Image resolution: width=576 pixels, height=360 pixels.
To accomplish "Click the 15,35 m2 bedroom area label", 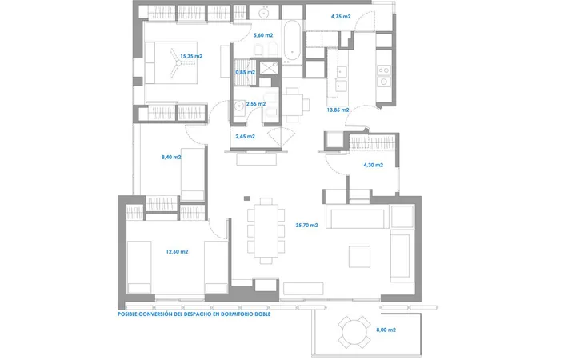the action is (191, 56).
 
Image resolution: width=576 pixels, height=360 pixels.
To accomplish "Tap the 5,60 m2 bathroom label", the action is (263, 35).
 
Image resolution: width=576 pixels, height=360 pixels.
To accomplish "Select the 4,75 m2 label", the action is (341, 16).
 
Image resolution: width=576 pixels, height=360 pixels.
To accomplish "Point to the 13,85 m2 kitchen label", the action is (338, 110).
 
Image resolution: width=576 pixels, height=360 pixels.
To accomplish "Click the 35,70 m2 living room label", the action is (306, 225).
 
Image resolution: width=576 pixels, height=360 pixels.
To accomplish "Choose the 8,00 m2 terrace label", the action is (386, 330).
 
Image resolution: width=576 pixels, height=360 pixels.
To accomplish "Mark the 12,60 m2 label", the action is (177, 252).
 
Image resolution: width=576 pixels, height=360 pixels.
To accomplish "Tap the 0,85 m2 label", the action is (245, 72).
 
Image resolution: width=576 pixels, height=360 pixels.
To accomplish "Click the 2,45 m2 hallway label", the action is (245, 136).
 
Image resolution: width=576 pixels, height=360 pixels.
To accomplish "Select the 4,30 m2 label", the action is (374, 165).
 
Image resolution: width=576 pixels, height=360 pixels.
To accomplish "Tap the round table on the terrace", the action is (354, 332).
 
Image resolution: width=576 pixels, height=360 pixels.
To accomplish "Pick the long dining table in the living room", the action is (266, 230).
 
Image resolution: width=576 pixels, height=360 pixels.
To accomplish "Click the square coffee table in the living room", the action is (359, 257).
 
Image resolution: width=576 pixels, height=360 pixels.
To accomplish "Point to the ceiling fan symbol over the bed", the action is (178, 63).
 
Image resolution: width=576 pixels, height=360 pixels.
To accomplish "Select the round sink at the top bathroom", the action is (264, 14).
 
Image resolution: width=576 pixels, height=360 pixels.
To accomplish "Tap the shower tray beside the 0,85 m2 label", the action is (269, 67).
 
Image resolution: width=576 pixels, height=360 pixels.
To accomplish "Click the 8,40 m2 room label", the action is (171, 158).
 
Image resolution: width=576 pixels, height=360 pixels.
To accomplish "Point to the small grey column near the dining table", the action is (247, 198).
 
